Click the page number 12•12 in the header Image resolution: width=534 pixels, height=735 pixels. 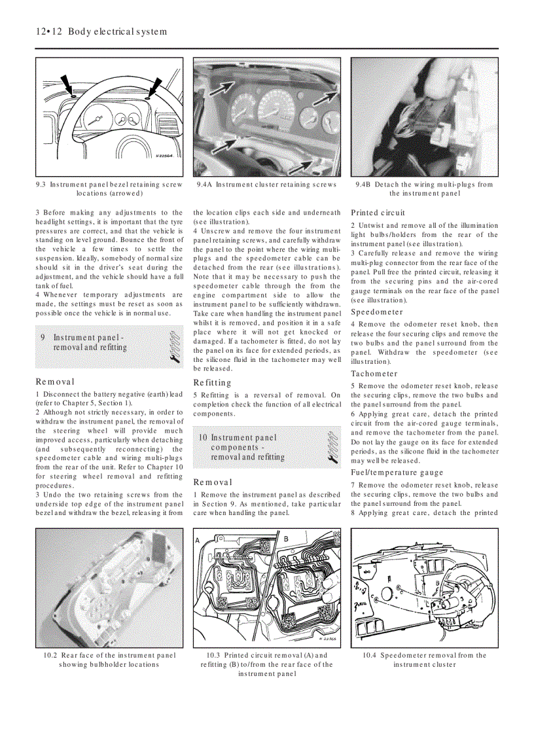48,31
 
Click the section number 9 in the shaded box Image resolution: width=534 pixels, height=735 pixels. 43,338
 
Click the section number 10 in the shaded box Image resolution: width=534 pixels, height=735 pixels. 203,437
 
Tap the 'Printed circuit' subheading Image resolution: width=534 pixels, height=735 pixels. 378,213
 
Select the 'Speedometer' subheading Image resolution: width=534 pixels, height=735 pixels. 376,312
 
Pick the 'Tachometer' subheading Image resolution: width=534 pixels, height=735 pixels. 374,374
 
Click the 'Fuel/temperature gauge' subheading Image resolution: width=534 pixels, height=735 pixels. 397,473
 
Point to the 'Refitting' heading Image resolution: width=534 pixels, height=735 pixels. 212,383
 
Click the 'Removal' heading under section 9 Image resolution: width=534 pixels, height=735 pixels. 55,382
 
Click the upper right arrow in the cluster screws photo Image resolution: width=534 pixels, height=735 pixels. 324,98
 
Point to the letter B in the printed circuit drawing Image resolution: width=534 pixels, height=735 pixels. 285,538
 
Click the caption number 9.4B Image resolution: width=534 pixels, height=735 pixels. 363,185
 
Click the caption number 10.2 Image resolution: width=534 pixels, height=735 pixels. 50,655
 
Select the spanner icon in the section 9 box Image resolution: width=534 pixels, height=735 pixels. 173,346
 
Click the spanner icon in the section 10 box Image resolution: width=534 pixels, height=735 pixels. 332,447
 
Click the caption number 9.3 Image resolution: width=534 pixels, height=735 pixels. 41,185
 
